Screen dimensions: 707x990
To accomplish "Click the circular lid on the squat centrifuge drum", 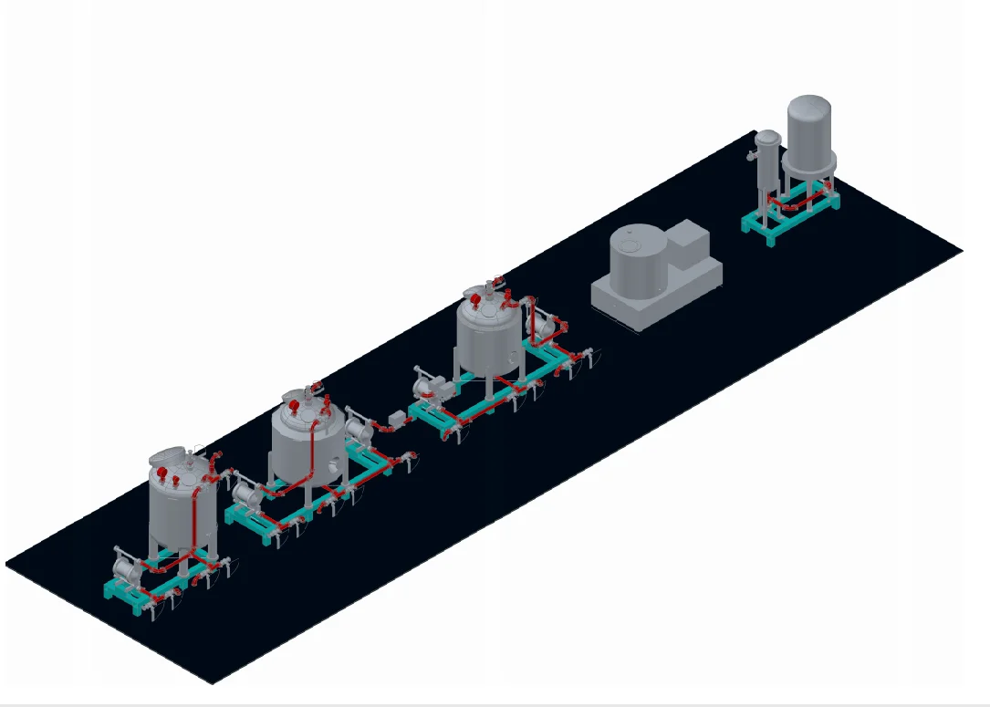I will point(630,244).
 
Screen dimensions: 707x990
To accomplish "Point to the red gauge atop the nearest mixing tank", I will point(162,473).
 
